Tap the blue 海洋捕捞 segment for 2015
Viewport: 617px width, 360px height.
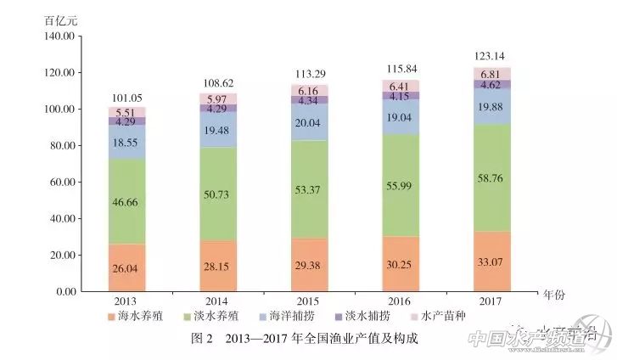(310, 122)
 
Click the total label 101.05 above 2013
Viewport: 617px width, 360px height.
(126, 97)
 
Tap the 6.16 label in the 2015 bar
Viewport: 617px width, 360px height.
(310, 90)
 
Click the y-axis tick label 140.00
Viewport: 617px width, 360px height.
(59, 37)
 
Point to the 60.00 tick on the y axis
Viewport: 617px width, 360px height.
(61, 182)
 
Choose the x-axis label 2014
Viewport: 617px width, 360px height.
(218, 301)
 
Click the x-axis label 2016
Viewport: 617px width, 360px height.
(401, 301)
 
